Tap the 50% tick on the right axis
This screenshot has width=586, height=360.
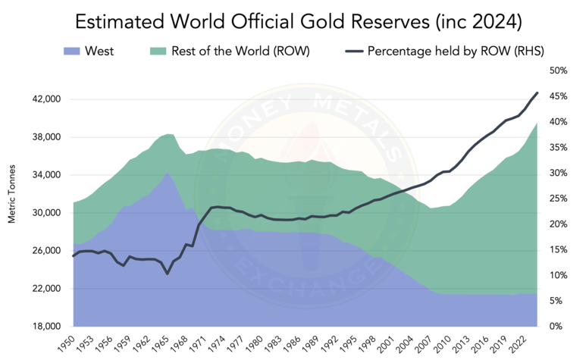tap(559, 70)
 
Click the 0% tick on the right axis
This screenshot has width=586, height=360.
tap(556, 327)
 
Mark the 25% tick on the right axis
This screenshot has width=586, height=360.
tap(559, 199)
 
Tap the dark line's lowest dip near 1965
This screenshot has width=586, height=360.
tap(168, 274)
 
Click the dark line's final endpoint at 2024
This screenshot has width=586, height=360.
tap(537, 92)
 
